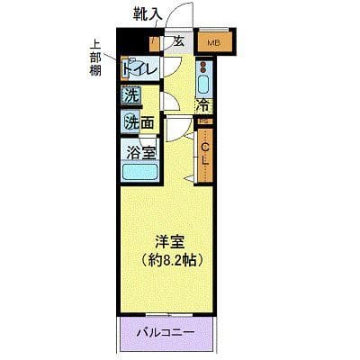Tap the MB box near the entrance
click(214, 41)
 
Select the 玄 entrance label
click(178, 41)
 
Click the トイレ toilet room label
click(139, 68)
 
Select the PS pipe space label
click(203, 121)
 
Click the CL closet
click(205, 153)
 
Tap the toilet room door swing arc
click(169, 68)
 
